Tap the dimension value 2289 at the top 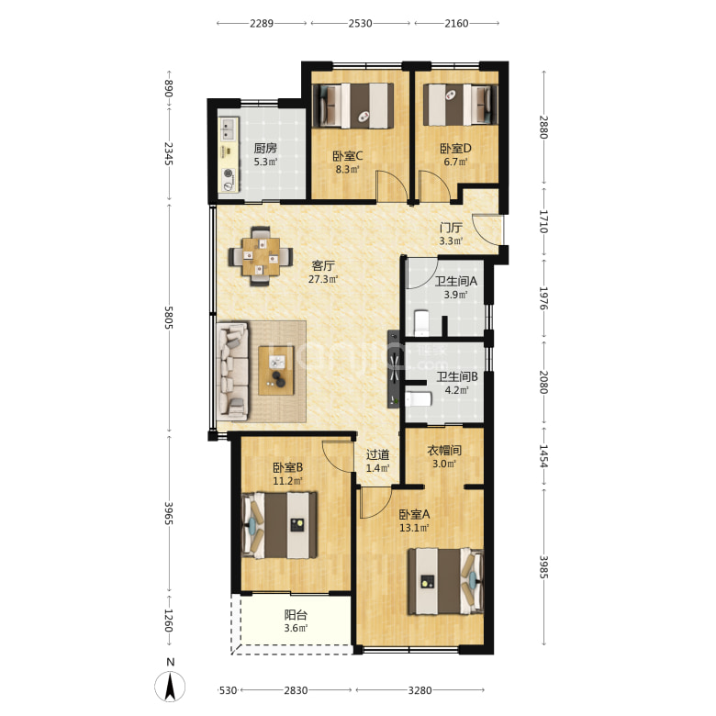(262, 23)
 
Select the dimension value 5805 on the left (169, 318)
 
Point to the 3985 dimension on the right (543, 566)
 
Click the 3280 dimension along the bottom (420, 690)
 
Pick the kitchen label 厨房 (265, 148)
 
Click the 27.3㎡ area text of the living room (323, 279)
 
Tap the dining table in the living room (261, 256)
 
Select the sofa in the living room (232, 371)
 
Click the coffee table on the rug (276, 370)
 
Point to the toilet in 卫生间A (421, 322)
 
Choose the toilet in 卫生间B (419, 399)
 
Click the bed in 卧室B (279, 525)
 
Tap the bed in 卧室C (353, 106)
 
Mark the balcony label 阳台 (296, 615)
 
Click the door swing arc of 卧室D (435, 185)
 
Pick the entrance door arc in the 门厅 (487, 229)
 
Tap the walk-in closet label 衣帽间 (444, 451)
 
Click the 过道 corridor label (377, 454)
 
